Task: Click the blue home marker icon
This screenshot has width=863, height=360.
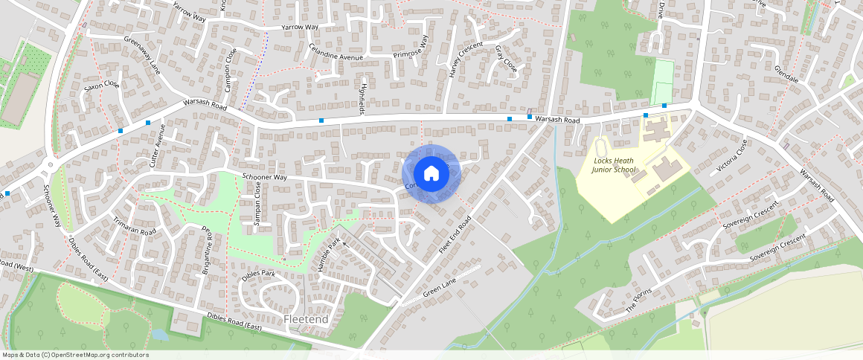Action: pos(431,173)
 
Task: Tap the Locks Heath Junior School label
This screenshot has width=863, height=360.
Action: pos(615,165)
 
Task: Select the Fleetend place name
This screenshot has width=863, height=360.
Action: pos(306,319)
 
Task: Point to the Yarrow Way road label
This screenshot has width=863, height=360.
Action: pos(300,28)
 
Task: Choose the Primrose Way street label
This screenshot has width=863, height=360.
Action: pos(412,46)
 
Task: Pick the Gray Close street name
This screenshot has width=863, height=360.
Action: pos(506,59)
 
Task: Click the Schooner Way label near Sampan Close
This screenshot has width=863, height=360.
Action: pos(264,177)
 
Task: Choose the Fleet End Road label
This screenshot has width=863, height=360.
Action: pos(456,236)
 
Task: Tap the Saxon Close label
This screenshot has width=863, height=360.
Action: pos(102,87)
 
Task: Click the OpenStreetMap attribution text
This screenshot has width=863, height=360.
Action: pos(74,355)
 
